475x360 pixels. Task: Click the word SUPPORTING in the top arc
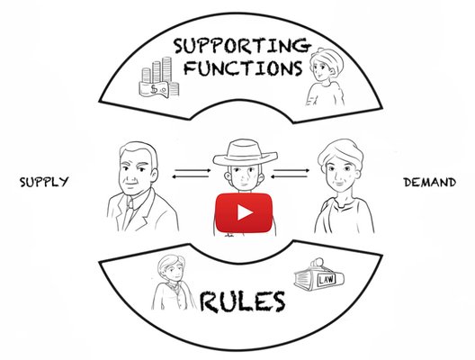click(242, 47)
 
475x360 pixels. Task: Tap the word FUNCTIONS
click(243, 67)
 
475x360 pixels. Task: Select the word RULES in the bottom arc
click(242, 301)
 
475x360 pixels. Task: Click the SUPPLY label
click(44, 182)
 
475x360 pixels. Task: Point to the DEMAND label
click(429, 183)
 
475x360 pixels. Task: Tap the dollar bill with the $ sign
click(154, 89)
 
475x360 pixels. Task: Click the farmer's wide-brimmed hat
click(245, 153)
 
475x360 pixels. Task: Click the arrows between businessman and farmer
click(192, 174)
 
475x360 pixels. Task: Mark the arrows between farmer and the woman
click(290, 174)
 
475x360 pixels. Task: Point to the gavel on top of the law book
click(318, 263)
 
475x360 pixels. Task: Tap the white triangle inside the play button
click(245, 212)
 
